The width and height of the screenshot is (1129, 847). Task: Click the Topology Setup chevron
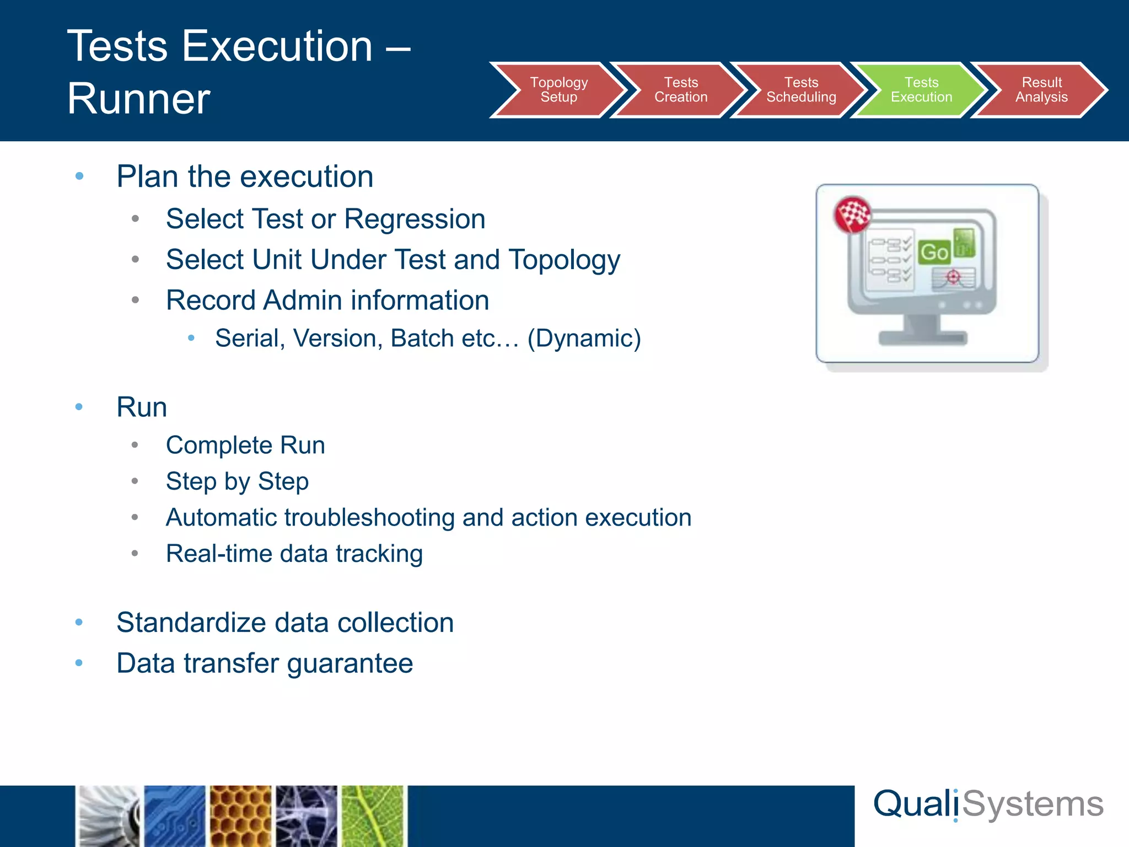tap(558, 90)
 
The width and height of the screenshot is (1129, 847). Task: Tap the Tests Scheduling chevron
tap(801, 90)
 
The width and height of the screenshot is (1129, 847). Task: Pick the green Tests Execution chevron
tap(921, 90)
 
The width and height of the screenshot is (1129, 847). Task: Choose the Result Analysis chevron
tap(1041, 90)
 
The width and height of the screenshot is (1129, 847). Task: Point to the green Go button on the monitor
tap(934, 253)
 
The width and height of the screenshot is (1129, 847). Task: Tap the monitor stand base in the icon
tap(922, 337)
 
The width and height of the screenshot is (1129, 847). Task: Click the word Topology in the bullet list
tap(564, 260)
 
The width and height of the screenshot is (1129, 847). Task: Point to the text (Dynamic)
tap(584, 339)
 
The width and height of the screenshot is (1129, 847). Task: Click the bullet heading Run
tap(142, 408)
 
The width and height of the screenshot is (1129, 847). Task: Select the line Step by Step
tap(237, 481)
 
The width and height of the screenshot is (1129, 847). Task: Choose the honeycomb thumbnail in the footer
tap(241, 816)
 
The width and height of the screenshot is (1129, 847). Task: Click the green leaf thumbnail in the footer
tap(373, 816)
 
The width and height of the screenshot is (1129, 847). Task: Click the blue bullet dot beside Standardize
tap(79, 623)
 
